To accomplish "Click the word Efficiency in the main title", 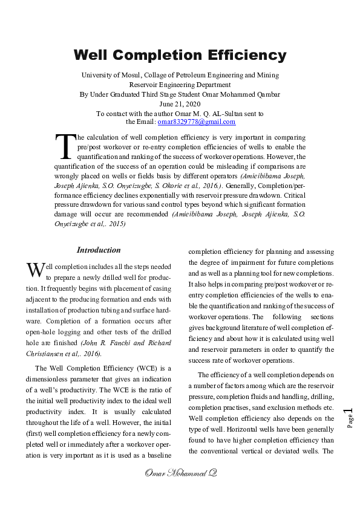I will (x=244, y=55).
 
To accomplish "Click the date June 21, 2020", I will (x=180, y=104).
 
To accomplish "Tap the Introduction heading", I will (x=99, y=250).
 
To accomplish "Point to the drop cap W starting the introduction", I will (x=35, y=269).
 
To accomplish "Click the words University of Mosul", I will (x=112, y=75).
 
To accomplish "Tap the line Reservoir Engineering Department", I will (x=180, y=85).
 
